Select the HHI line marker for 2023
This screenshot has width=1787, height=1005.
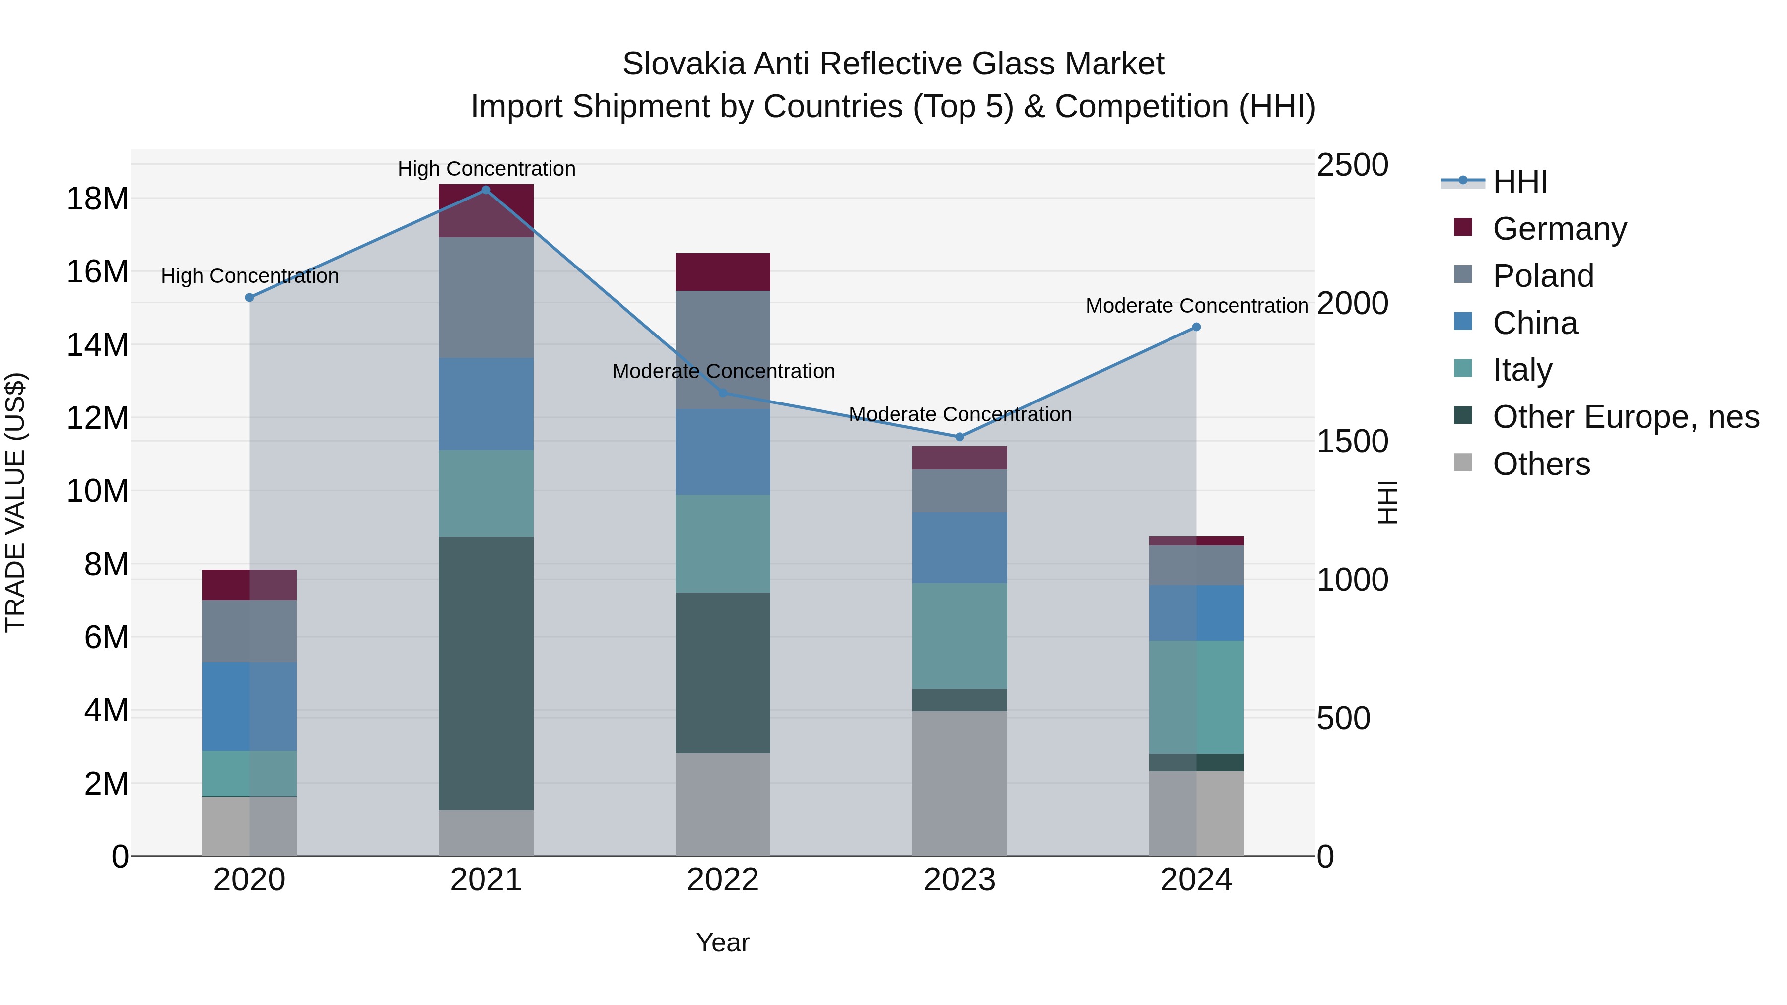tap(960, 437)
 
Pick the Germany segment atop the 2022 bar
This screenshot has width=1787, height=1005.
tap(722, 272)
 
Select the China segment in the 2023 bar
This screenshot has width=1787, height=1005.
tap(960, 548)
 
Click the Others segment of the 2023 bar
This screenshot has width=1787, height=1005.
tap(960, 784)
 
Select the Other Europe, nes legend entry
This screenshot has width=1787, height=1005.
tap(1625, 417)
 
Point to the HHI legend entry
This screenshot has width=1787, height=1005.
tap(1519, 182)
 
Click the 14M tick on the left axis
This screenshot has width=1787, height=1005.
tap(97, 345)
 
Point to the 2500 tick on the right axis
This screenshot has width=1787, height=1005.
tap(1352, 165)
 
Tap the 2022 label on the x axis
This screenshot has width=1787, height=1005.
tap(722, 880)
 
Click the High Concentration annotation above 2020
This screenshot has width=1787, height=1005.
tap(250, 276)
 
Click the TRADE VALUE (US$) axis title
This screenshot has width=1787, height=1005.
tap(15, 502)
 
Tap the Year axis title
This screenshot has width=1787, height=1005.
tap(722, 942)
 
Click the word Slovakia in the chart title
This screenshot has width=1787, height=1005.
tap(684, 64)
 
